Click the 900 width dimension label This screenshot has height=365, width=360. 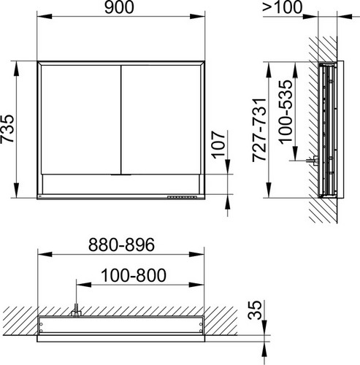click(x=119, y=7)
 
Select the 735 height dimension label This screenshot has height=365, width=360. click(x=7, y=129)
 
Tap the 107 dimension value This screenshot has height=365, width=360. click(x=218, y=145)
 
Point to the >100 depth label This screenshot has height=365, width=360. click(x=283, y=7)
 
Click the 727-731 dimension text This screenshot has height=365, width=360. click(x=259, y=130)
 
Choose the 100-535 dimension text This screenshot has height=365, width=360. click(x=286, y=112)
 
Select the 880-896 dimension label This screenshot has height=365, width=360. click(x=121, y=245)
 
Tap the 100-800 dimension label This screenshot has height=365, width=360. click(x=134, y=275)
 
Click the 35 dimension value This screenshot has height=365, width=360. click(x=255, y=310)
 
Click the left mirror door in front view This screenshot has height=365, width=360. click(x=81, y=120)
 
